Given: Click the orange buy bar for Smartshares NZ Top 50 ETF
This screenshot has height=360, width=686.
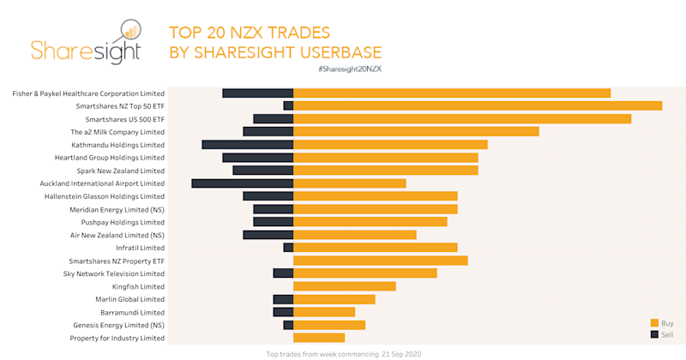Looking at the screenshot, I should [x=478, y=105].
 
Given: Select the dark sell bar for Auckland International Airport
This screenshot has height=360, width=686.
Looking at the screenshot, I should [x=243, y=183].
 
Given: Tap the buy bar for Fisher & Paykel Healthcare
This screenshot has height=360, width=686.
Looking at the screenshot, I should [x=452, y=93].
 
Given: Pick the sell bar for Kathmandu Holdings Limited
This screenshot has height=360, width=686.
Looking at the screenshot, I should [x=248, y=145].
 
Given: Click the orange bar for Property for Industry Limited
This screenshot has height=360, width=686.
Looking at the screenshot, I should [x=319, y=338].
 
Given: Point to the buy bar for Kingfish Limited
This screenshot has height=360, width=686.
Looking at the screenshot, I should [x=345, y=286].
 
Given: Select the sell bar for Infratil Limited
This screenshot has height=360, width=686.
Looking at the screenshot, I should [x=289, y=248].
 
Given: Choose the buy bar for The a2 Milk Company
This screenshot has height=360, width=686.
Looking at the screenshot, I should [x=416, y=132].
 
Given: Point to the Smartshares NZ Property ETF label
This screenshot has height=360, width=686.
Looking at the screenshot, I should [x=117, y=261].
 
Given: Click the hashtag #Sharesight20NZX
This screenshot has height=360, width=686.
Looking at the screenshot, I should [x=348, y=68].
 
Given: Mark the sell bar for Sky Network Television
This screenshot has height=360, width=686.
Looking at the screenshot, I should [x=284, y=273].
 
